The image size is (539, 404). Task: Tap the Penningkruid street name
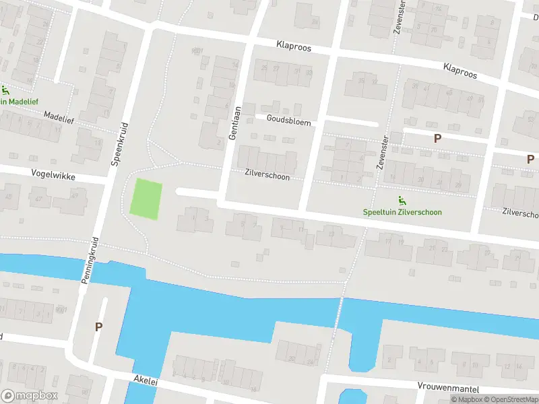(x=91, y=260)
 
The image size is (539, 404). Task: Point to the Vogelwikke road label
(x=53, y=174)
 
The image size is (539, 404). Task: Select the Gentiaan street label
(x=234, y=125)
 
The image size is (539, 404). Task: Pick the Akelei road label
(x=145, y=381)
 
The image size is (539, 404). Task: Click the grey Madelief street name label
(x=57, y=115)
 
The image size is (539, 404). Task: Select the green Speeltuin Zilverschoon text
(x=402, y=212)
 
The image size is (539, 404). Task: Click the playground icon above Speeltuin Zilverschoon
(x=402, y=200)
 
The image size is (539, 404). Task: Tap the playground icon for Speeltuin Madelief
(x=5, y=90)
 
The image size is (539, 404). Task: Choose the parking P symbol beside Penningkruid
(x=99, y=327)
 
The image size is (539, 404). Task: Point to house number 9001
(x=197, y=50)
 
